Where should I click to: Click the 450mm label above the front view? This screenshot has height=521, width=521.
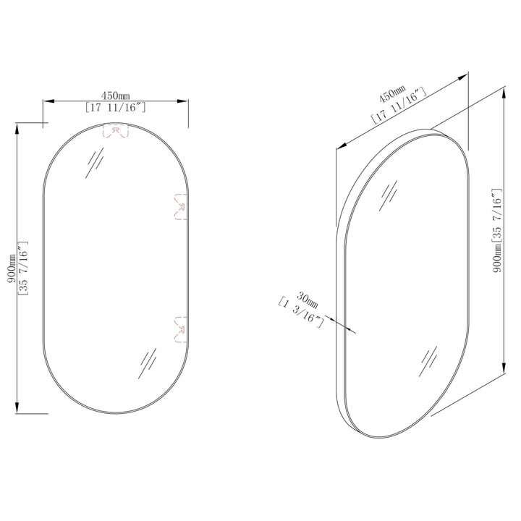(115, 96)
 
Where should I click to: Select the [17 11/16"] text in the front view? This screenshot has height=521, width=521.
(116, 108)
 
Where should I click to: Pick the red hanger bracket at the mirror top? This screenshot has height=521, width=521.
(117, 131)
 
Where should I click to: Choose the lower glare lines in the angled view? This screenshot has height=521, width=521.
(428, 360)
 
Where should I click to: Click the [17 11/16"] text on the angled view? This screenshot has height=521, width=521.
(400, 106)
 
